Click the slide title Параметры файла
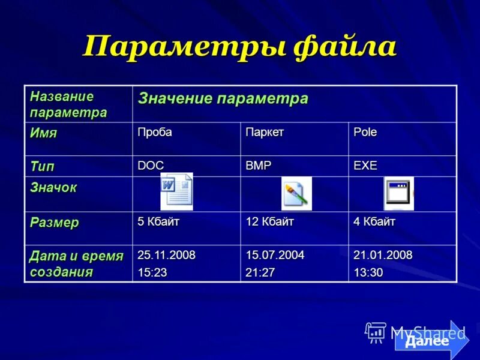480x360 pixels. tap(239, 46)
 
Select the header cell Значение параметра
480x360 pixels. tap(223, 99)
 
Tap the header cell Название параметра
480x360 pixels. tap(68, 104)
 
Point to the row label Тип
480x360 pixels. tap(43, 166)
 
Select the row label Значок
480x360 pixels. tap(53, 188)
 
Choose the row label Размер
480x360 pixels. tap(55, 223)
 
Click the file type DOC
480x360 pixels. tap(151, 166)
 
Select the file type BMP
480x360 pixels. tap(258, 166)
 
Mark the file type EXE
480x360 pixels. tap(365, 166)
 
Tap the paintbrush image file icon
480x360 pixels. tap(296, 193)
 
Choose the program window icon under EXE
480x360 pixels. tap(398, 193)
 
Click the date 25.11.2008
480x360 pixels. tap(166, 255)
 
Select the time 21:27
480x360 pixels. tap(260, 272)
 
